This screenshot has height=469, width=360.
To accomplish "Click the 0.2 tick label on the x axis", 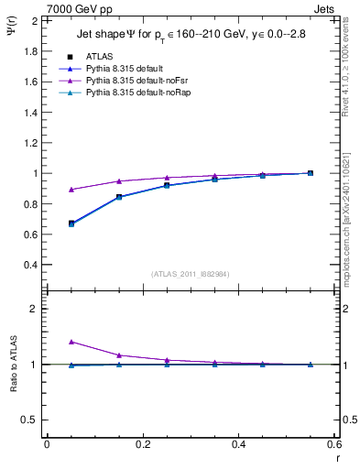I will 142,444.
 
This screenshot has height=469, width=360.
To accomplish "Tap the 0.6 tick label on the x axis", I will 334,444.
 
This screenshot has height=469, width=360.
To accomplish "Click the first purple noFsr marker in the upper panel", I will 47,190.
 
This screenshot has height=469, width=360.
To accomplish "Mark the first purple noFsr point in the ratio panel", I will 47,342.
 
